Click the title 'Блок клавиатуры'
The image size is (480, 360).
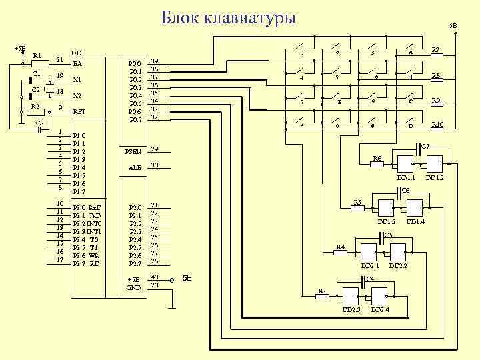pos(229,18)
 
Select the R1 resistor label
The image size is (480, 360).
pos(37,55)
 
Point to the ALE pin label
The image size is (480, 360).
pos(135,168)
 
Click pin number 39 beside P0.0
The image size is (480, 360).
pos(154,61)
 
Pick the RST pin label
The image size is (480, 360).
pos(78,111)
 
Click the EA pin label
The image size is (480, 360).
pos(77,64)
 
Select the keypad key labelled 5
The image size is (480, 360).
pos(338,77)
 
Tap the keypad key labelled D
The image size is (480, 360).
pos(411,125)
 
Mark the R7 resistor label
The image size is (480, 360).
pos(436,49)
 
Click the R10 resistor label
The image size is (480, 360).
pos(437,125)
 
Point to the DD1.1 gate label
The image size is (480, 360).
pos(405,178)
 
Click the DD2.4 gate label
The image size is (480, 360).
pos(381,310)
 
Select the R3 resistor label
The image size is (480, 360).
pos(321,291)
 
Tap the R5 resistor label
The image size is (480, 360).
pos(357,201)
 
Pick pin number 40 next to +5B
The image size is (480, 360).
pos(155,277)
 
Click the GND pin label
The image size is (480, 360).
pos(133,287)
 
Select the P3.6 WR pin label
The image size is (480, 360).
pos(86,255)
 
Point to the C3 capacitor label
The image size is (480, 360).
pos(39,123)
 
